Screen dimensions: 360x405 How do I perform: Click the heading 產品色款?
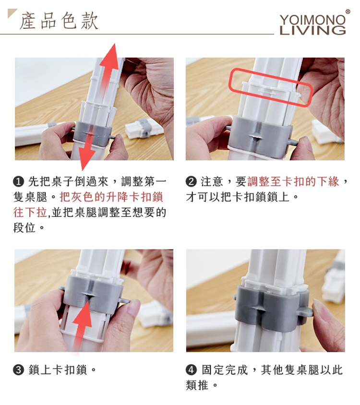pos(59,21)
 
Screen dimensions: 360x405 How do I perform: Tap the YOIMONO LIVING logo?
pos(312,25)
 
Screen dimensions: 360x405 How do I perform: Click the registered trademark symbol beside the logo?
pos(348,12)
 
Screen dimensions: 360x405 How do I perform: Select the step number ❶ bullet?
pos(18,182)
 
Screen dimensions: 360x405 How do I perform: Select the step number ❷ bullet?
pos(191,182)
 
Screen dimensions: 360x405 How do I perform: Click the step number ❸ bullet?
pos(18,370)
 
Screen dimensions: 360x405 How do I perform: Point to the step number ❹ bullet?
pos(191,370)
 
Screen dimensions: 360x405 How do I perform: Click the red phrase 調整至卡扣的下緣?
pos(293,182)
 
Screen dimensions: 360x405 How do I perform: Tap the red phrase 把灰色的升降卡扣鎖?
pos(111,197)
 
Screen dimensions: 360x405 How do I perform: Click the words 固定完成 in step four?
pos(225,370)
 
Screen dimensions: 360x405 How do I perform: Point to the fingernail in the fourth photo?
pos(321,310)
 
